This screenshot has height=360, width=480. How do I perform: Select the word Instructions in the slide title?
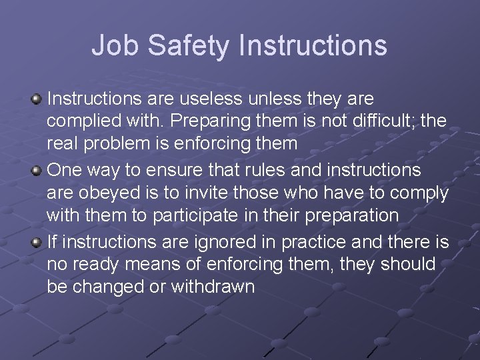tap(313, 46)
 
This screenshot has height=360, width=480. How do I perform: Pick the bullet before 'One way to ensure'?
tap(37, 171)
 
